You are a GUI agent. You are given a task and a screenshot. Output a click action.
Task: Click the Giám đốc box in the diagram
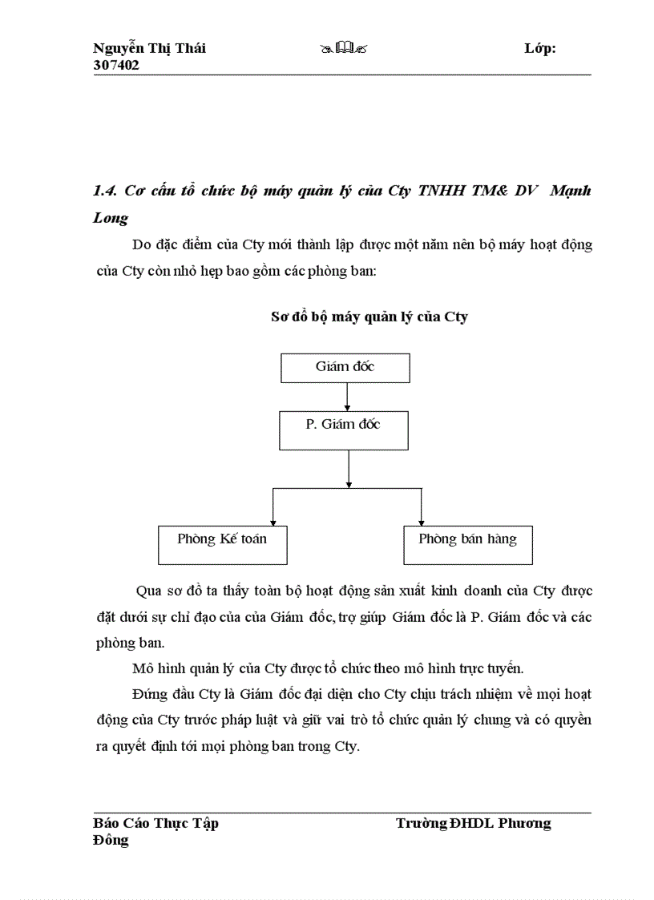click(345, 368)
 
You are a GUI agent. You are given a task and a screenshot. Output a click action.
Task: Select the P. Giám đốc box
click(343, 430)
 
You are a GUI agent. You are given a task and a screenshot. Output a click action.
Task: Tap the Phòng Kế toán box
click(222, 545)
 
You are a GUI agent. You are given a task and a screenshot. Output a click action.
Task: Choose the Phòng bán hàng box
click(467, 545)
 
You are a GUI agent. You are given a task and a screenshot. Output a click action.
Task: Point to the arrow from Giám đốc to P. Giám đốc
click(347, 397)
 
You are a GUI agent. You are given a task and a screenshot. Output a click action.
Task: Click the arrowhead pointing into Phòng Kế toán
click(273, 521)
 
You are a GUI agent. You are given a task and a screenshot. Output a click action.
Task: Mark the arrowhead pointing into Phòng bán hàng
click(422, 521)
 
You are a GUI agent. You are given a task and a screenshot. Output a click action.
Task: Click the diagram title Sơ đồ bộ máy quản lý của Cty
click(369, 317)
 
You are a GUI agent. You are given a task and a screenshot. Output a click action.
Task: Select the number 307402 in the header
click(116, 66)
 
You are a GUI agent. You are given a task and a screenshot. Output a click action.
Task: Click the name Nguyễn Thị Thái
click(149, 48)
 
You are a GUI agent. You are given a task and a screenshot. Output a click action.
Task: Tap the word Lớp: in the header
click(540, 48)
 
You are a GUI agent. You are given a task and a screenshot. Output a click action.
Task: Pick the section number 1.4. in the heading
click(106, 192)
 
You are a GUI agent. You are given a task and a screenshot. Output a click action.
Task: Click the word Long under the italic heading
click(111, 218)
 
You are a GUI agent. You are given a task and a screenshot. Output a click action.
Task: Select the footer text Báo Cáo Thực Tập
click(155, 823)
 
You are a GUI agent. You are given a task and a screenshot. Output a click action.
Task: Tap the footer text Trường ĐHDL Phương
click(473, 823)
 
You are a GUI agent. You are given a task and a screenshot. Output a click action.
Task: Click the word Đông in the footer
click(111, 841)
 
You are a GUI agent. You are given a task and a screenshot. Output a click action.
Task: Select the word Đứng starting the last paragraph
click(148, 694)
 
